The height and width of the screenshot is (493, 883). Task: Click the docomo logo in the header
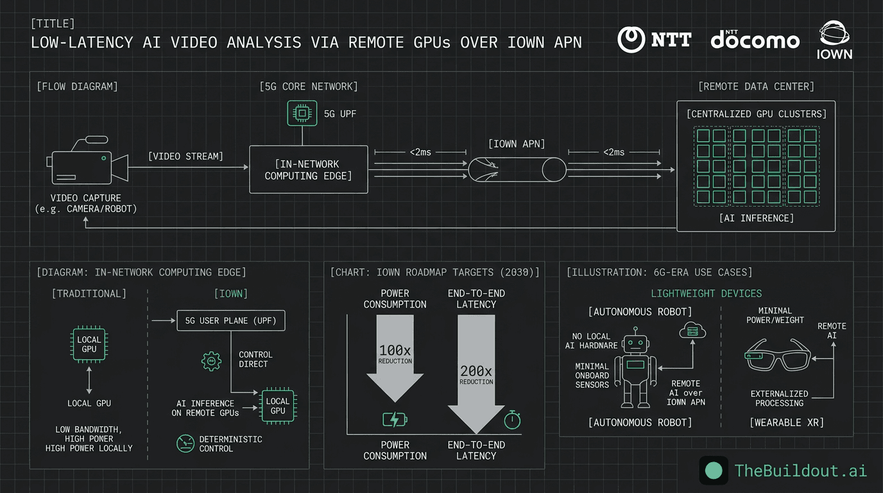click(x=755, y=40)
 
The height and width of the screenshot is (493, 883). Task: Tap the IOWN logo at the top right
click(x=834, y=40)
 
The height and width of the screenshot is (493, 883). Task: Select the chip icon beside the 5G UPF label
click(x=300, y=114)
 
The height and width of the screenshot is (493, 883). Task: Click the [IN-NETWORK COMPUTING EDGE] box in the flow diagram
click(x=308, y=169)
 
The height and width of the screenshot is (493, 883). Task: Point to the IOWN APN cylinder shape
click(x=517, y=170)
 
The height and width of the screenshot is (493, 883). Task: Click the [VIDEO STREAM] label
click(x=185, y=156)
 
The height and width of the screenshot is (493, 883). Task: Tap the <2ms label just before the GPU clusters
click(x=614, y=152)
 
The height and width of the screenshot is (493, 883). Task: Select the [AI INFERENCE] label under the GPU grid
click(x=756, y=218)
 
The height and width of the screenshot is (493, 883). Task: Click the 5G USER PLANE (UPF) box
click(x=231, y=320)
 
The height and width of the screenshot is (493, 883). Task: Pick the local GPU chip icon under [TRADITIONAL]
click(x=89, y=344)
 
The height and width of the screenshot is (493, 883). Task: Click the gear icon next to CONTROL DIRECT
click(x=211, y=361)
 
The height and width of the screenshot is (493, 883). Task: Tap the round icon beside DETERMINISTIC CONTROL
click(x=185, y=443)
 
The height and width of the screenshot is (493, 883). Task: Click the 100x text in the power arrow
click(x=395, y=350)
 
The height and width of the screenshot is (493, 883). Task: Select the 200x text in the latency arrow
click(x=476, y=371)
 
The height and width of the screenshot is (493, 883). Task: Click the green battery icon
click(x=395, y=420)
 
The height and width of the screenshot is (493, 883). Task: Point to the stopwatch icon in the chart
click(x=512, y=420)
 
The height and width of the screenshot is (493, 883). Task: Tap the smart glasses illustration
click(x=776, y=354)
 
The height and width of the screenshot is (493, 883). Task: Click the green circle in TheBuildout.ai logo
click(x=714, y=471)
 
